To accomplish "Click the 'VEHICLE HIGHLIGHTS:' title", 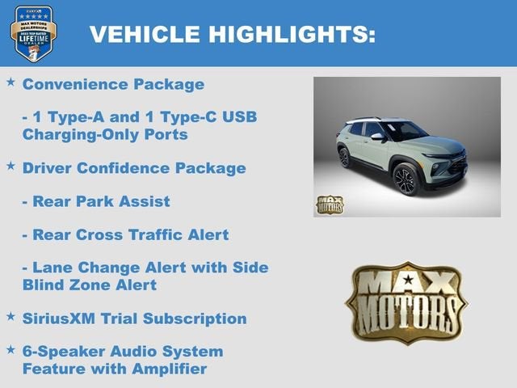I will [x=232, y=34].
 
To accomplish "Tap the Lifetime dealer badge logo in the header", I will [x=33, y=33].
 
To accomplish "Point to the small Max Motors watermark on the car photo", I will [x=329, y=204].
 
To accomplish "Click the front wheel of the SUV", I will [x=405, y=179].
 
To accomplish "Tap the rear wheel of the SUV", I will [x=345, y=157].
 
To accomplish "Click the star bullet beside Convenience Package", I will [x=11, y=82].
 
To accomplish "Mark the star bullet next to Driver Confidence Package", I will [x=11, y=167].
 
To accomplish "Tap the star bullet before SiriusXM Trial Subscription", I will [x=11, y=316].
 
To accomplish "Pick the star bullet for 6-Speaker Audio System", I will [x=11, y=350].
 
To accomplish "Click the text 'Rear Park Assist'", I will [x=96, y=201].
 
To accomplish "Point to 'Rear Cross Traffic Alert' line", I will [x=125, y=235].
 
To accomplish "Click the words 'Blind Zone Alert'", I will [x=90, y=285].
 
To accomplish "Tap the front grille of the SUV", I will [x=456, y=164].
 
